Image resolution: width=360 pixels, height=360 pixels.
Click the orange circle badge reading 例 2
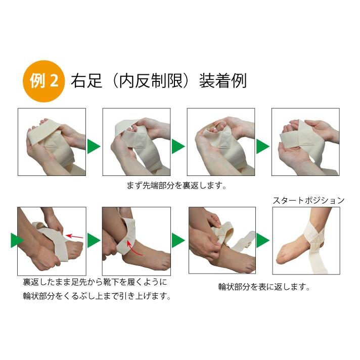click(43, 81)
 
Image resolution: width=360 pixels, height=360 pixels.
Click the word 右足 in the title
click(86, 80)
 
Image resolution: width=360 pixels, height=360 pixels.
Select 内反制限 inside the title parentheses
click(151, 80)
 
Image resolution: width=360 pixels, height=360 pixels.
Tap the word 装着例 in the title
click(223, 80)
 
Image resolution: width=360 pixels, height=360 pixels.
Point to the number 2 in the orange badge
click(54, 81)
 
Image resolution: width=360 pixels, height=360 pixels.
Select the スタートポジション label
click(308, 200)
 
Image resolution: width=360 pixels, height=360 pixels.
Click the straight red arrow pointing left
click(74, 236)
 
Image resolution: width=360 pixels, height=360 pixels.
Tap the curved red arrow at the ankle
click(133, 248)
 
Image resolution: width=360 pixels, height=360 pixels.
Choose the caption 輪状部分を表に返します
click(264, 287)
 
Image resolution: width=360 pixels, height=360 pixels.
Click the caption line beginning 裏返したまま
click(95, 282)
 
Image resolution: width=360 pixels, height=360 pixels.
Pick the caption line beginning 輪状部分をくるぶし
click(97, 296)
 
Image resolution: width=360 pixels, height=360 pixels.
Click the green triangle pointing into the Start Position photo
click(263, 240)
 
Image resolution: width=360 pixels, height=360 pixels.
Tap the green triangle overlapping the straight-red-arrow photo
click(17, 240)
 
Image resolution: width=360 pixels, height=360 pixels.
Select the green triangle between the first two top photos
click(94, 146)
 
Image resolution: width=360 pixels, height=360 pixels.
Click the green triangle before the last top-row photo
click(263, 146)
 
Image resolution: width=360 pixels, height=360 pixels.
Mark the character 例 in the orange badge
click(37, 81)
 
